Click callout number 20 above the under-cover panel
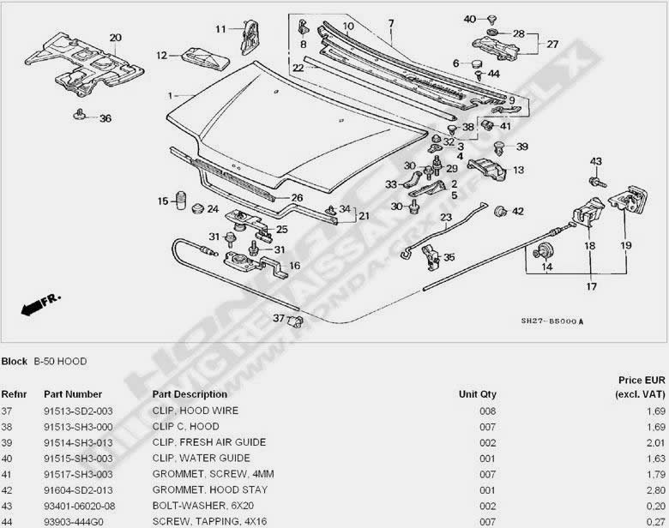(116, 38)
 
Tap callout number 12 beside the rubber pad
(161, 56)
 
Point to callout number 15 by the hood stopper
(161, 201)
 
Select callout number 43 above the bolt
(596, 162)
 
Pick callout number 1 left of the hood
(171, 95)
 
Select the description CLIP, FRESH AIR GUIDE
(208, 442)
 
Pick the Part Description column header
(190, 394)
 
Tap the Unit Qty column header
(477, 394)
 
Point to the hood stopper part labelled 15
(181, 202)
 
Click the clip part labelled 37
(297, 321)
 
